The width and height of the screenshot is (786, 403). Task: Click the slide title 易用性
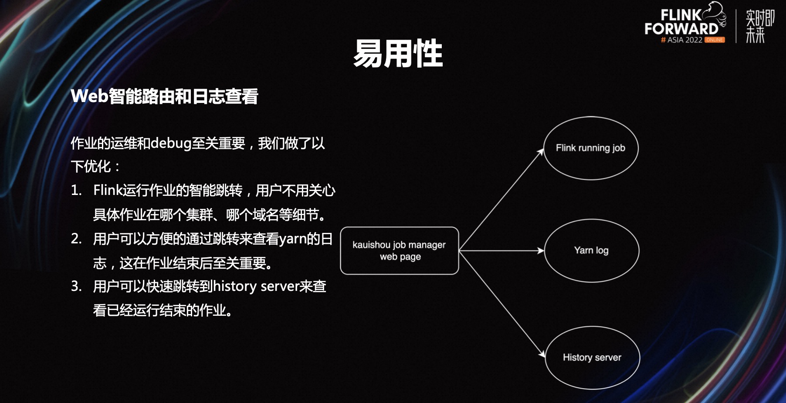pyautogui.click(x=398, y=54)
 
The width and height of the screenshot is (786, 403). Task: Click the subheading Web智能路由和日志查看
pyautogui.click(x=164, y=96)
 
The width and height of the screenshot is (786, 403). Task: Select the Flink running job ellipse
pyautogui.click(x=590, y=148)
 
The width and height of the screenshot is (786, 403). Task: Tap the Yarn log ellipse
pyautogui.click(x=591, y=250)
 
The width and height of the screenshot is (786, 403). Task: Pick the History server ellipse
pyautogui.click(x=592, y=358)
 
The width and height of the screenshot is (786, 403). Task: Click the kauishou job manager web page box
pyautogui.click(x=399, y=251)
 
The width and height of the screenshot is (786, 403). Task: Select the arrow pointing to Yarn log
pyautogui.click(x=501, y=251)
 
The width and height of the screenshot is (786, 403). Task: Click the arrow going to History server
pyautogui.click(x=501, y=303)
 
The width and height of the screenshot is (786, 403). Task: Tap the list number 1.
pyautogui.click(x=76, y=191)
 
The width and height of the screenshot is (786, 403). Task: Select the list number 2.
pyautogui.click(x=76, y=239)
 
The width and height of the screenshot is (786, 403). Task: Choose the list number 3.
pyautogui.click(x=76, y=287)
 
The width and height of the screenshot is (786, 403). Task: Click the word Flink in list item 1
pyautogui.click(x=108, y=191)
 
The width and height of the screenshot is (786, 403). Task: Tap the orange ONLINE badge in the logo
pyautogui.click(x=715, y=40)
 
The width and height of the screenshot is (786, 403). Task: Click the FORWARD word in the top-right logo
pyautogui.click(x=681, y=29)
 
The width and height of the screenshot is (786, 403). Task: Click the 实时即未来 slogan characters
pyautogui.click(x=759, y=26)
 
